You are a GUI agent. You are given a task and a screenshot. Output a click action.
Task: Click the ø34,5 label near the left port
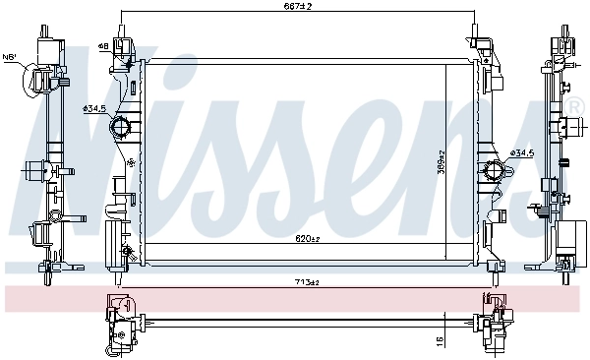pyautogui.click(x=96, y=108)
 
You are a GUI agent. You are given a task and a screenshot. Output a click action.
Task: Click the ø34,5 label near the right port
pyautogui.click(x=522, y=152)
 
